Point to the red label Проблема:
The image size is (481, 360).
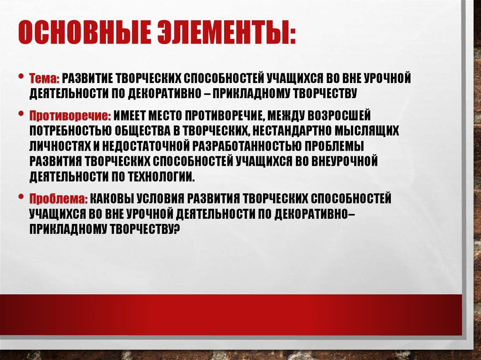[x=59, y=199]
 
